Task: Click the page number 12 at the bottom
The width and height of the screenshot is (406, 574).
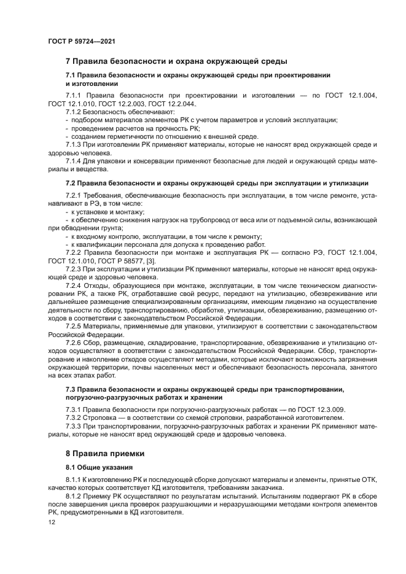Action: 52,521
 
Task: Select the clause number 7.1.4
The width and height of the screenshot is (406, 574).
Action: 74,161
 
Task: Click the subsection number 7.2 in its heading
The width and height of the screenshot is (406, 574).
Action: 71,182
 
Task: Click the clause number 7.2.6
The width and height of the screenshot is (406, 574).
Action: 74,344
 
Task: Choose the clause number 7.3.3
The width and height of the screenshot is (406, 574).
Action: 74,426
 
